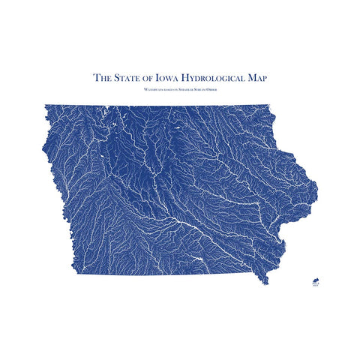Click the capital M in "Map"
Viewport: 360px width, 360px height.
(251, 76)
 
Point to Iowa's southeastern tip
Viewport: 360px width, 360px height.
(263, 282)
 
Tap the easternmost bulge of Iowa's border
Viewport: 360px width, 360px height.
(316, 184)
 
